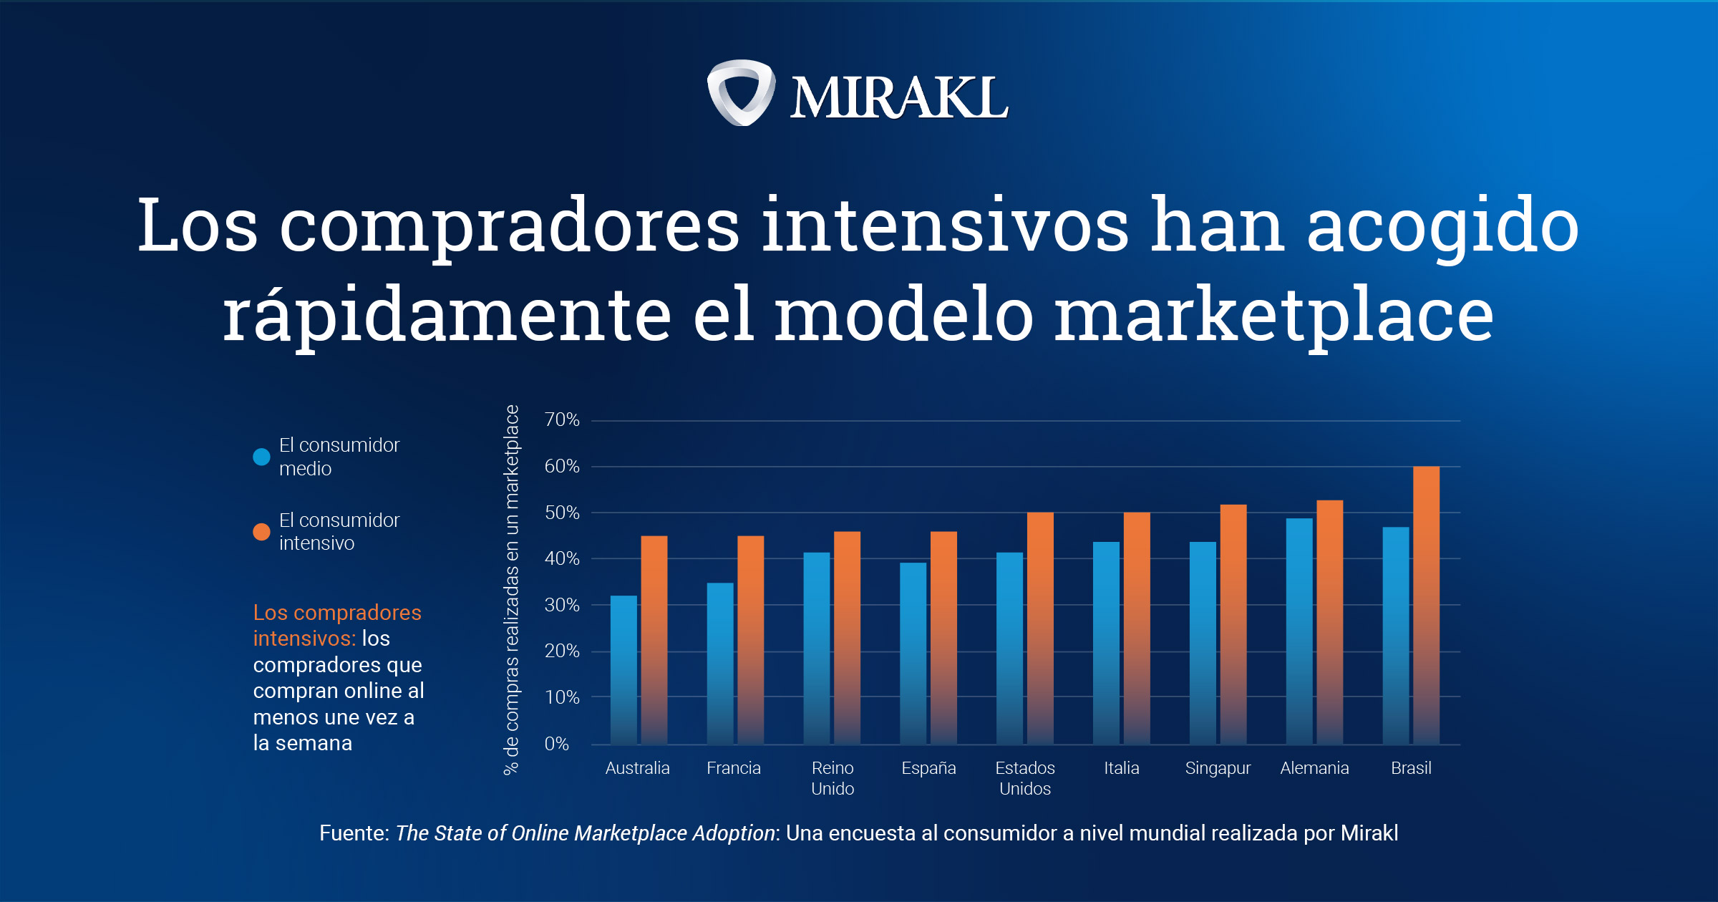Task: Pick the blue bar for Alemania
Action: coord(1299,631)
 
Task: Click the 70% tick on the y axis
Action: coord(562,420)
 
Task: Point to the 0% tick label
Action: coord(557,744)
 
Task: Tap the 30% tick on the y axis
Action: coord(562,606)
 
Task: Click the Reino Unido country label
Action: coord(833,778)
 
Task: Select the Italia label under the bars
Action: coord(1121,768)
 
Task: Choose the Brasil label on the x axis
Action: coord(1411,768)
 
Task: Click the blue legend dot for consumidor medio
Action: coord(262,457)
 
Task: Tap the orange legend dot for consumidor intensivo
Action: coord(262,532)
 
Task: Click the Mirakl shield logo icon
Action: coord(741,93)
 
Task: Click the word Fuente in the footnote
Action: coord(354,833)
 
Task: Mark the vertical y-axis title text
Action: coord(512,589)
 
